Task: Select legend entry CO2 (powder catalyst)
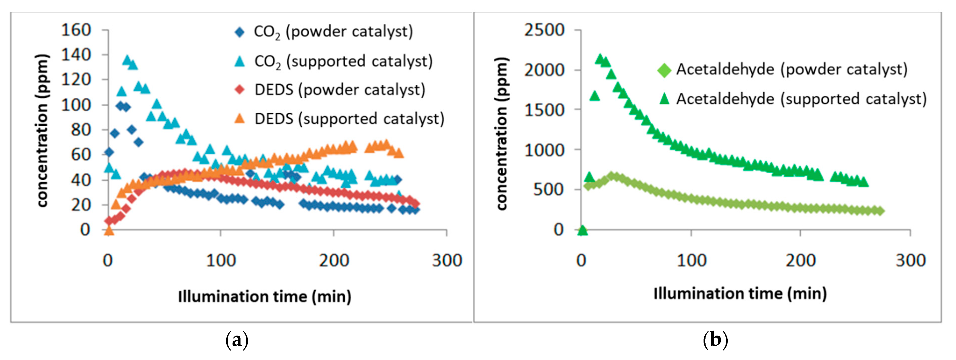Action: point(333,32)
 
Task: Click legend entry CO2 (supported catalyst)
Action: point(343,61)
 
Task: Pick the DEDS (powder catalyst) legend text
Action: point(340,90)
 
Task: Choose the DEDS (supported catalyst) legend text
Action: point(349,119)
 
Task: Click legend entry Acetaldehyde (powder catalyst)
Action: point(792,70)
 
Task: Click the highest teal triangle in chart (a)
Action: point(127,60)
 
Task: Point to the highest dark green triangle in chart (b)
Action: point(600,59)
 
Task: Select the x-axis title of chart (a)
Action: point(265,296)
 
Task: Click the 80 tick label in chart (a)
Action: point(81,130)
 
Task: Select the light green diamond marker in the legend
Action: point(664,70)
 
